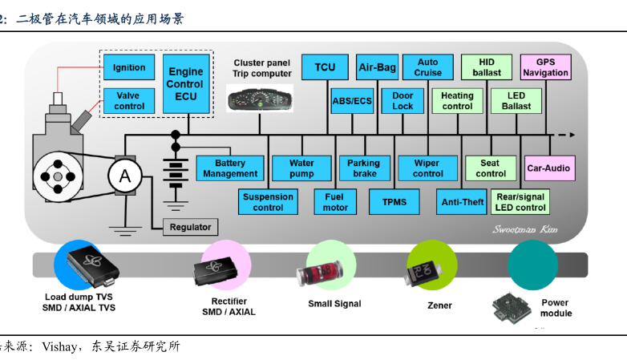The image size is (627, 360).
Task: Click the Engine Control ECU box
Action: click(185, 83)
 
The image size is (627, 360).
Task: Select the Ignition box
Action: click(129, 67)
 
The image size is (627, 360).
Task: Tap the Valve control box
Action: click(128, 101)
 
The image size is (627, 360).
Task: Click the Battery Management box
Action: click(230, 168)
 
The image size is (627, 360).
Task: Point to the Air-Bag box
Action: click(377, 67)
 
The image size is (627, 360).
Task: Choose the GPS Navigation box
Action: click(545, 67)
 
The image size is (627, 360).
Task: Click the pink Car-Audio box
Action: click(548, 168)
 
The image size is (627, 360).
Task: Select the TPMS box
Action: click(394, 202)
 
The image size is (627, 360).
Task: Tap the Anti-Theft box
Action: click(463, 202)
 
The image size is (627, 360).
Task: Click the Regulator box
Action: click(191, 228)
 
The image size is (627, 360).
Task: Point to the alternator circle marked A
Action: click(125, 176)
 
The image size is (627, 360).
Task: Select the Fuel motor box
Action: click(335, 202)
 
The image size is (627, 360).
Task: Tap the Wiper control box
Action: click(427, 168)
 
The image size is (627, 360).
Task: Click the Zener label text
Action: click(439, 305)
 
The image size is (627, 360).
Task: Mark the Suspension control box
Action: click(268, 202)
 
